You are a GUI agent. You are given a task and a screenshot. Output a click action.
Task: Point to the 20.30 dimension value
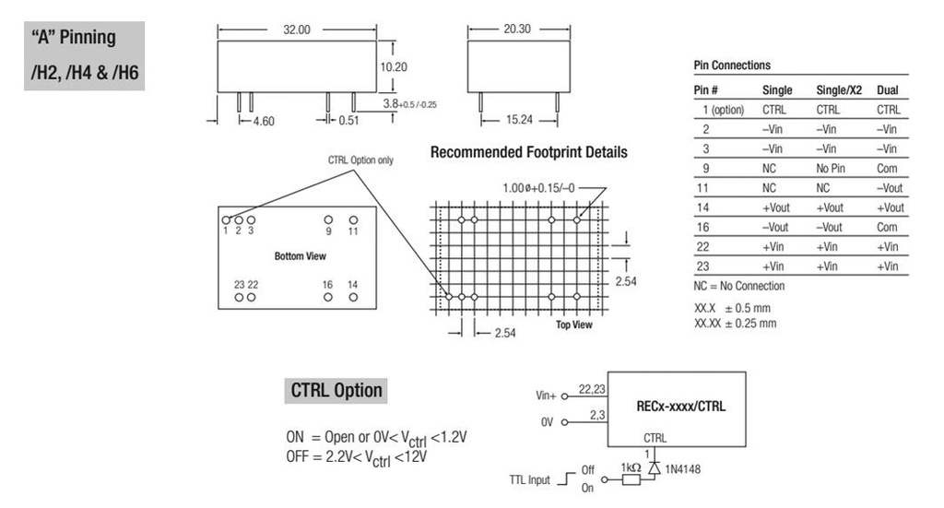[513, 30]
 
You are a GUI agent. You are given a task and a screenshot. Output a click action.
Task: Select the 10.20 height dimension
[394, 66]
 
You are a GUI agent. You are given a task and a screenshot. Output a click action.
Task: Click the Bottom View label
[300, 255]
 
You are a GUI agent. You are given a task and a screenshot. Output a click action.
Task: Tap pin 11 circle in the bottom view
[353, 219]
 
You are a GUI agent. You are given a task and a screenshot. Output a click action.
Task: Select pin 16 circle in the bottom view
[328, 298]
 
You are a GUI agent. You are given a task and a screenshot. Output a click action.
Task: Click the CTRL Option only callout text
[360, 159]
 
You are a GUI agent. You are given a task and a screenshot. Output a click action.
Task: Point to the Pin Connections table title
[732, 66]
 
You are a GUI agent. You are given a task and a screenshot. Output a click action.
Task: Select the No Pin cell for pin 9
[832, 169]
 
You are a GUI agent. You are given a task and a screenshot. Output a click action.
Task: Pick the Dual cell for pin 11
[890, 188]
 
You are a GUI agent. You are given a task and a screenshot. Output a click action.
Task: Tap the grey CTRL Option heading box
[336, 390]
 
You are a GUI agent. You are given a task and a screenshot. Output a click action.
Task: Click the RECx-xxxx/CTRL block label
[681, 405]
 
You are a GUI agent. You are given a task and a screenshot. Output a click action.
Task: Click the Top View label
[574, 325]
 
